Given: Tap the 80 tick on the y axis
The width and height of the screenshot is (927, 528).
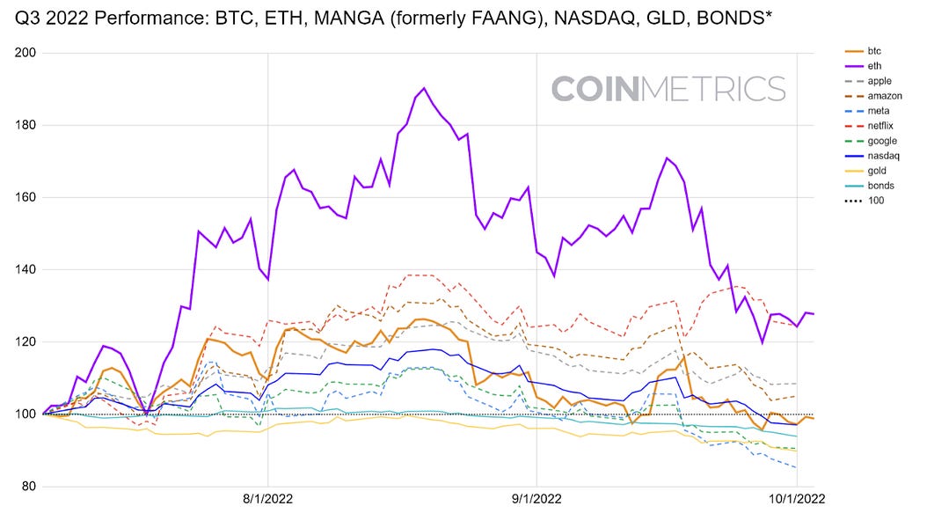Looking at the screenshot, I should coord(26,487).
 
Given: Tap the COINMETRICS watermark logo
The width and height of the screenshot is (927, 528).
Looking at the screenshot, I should coord(668,89).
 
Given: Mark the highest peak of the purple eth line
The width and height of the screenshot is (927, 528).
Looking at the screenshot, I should coord(424,88).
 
